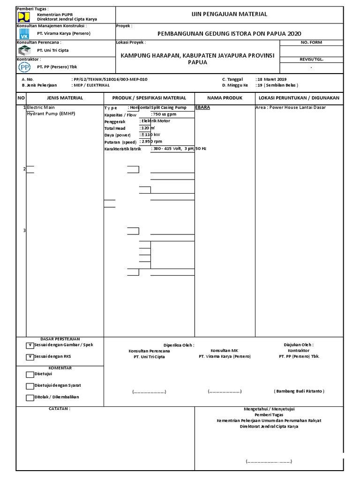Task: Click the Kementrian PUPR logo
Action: click(x=23, y=17)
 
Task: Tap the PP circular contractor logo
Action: click(x=24, y=67)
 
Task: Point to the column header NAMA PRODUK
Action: click(x=225, y=98)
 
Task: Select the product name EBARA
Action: click(x=202, y=107)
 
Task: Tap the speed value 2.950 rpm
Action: click(x=151, y=142)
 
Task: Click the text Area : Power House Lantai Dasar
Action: click(x=291, y=107)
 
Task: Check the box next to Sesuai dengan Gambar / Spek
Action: click(x=30, y=345)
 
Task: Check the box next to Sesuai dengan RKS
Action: click(x=30, y=357)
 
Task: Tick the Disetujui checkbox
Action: click(x=30, y=374)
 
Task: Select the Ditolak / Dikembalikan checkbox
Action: click(x=30, y=397)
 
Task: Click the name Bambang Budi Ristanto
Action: click(x=299, y=391)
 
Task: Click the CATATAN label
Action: click(x=60, y=409)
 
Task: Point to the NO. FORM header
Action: click(x=311, y=42)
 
